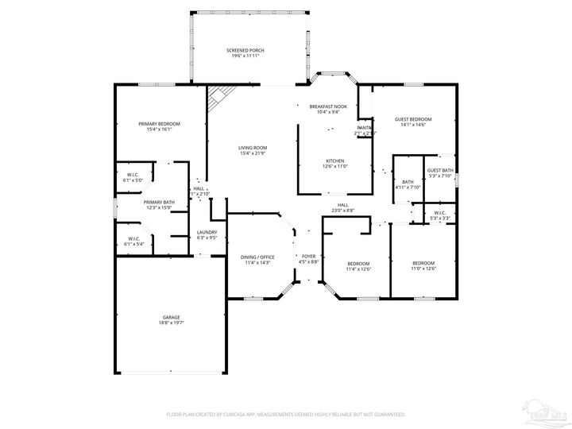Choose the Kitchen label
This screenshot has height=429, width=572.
(334, 164)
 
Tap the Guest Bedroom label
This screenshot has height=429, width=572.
(413, 122)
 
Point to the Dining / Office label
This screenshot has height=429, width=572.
(257, 259)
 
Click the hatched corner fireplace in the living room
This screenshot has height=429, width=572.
(217, 99)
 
